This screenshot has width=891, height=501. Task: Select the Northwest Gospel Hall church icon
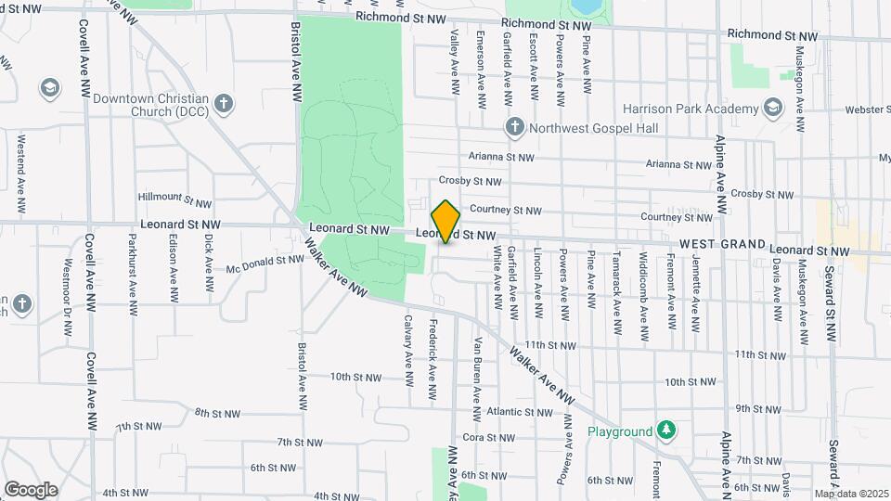pos(515,126)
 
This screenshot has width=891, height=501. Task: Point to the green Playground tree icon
pos(665,430)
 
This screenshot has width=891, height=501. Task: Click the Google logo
pos(31,489)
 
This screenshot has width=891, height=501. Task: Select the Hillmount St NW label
pos(174,199)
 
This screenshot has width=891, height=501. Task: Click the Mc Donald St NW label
pos(265,263)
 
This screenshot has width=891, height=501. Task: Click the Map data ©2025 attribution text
pos(851,494)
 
